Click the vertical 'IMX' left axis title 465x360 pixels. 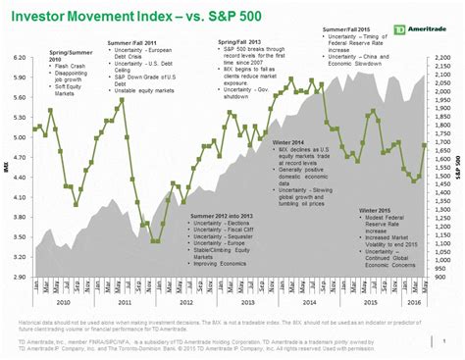pos(8,169)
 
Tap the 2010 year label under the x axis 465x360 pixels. pos(64,304)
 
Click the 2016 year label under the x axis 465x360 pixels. pos(415,304)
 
